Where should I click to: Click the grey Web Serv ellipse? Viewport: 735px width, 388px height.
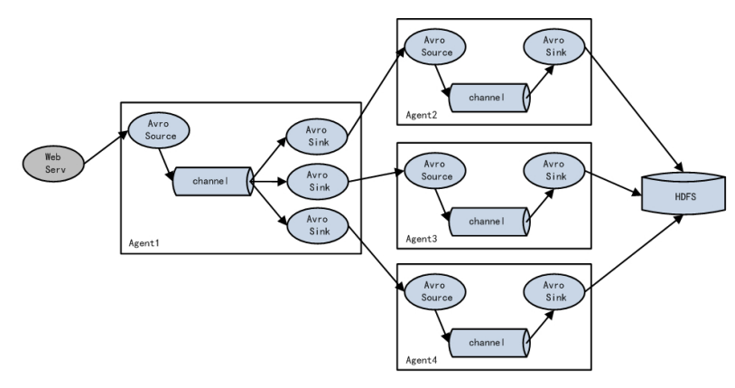click(53, 164)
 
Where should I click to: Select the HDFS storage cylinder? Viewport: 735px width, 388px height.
click(684, 193)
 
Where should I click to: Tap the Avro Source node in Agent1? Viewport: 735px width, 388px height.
click(159, 130)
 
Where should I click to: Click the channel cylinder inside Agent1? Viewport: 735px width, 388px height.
click(214, 181)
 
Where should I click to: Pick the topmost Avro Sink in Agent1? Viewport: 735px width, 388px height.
click(317, 137)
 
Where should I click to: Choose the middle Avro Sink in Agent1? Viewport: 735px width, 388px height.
click(317, 181)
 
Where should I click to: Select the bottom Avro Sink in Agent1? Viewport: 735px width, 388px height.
click(317, 225)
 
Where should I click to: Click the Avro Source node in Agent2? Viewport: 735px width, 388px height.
click(435, 46)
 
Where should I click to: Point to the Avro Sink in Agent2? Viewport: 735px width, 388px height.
click(554, 46)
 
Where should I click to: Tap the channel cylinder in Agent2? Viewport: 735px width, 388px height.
click(489, 98)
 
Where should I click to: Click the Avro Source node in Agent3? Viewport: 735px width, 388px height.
click(435, 171)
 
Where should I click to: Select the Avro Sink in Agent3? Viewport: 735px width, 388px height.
click(554, 171)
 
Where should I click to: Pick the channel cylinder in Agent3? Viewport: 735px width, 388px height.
click(489, 222)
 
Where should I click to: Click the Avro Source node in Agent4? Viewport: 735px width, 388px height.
click(435, 292)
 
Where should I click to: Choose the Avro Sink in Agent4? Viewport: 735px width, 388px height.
click(554, 292)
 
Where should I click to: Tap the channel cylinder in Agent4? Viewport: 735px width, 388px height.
click(489, 343)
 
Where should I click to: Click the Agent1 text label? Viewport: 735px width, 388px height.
click(144, 243)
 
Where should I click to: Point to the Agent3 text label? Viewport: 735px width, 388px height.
click(422, 239)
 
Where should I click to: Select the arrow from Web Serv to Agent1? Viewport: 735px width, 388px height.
click(106, 147)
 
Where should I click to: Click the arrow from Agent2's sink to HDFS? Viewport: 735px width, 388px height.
click(634, 109)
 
